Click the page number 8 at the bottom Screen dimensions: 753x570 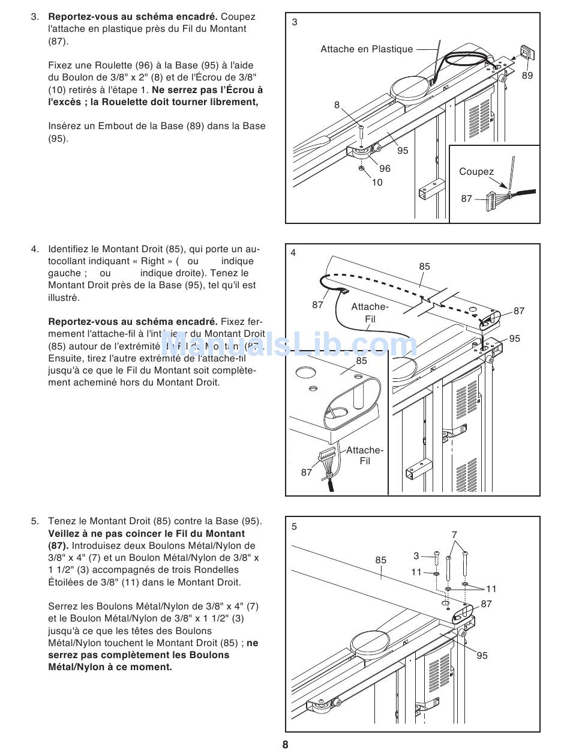tap(285, 745)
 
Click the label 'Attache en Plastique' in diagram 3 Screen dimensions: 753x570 tap(367, 49)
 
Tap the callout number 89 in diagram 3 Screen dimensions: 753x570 tap(527, 76)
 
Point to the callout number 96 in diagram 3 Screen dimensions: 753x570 tap(385, 169)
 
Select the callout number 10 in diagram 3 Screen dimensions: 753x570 tap(377, 183)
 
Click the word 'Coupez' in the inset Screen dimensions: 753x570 tap(476, 172)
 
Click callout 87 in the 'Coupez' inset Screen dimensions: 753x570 tap(467, 198)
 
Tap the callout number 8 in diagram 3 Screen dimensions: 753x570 tap(337, 105)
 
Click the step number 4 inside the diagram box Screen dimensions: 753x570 tap(293, 253)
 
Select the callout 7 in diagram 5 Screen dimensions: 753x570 tap(454, 534)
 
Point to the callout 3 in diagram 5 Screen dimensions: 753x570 tap(416, 556)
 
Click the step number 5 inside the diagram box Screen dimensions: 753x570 tap(294, 527)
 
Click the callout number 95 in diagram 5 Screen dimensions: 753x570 tap(482, 656)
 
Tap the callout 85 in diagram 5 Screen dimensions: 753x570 tap(381, 560)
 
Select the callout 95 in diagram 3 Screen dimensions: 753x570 tap(403, 151)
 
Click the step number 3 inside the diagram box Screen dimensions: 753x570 tap(294, 22)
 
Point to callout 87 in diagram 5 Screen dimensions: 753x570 tap(487, 604)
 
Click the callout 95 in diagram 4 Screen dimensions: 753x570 tap(515, 339)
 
